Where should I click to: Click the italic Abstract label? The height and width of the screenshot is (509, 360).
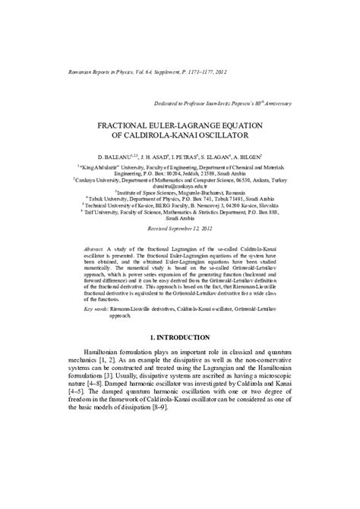tap(94, 248)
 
